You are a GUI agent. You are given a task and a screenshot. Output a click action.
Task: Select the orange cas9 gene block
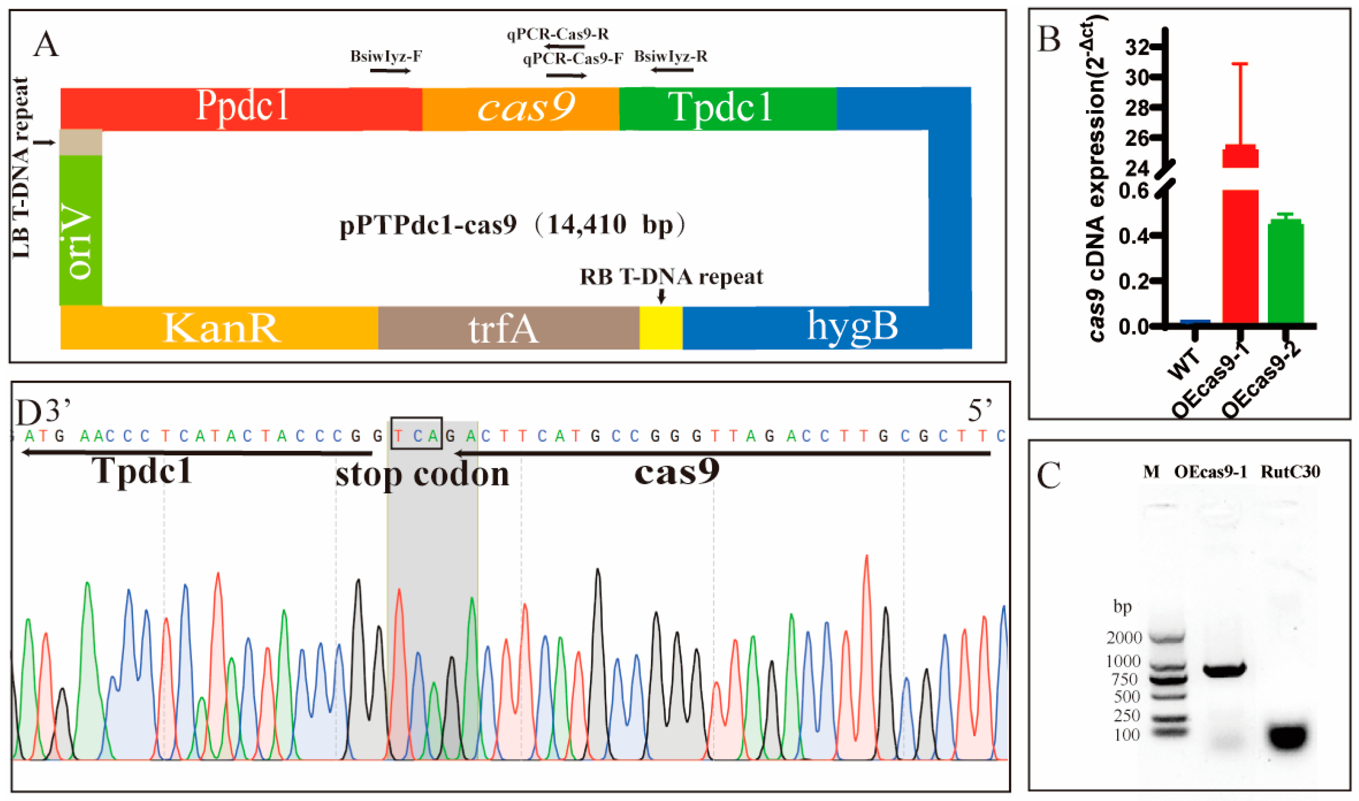tap(521, 108)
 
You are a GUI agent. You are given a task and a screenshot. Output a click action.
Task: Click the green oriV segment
tap(80, 232)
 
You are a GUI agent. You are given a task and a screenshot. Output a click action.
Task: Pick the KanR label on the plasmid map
tap(222, 328)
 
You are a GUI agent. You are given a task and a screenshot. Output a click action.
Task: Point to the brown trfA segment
tap(507, 328)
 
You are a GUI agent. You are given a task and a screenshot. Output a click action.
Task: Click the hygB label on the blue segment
tap(852, 326)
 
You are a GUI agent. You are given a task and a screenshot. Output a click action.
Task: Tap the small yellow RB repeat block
tap(661, 328)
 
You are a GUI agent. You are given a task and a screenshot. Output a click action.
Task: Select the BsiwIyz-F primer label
tap(386, 56)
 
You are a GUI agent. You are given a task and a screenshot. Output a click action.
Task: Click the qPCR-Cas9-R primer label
tap(557, 35)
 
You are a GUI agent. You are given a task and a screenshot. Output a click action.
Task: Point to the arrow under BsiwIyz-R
tap(672, 70)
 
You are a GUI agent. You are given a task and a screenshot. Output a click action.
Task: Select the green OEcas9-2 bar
tap(1285, 273)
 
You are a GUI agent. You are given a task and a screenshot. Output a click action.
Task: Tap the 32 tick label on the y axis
tap(1138, 47)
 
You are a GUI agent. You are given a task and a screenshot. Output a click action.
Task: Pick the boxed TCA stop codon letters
tap(416, 433)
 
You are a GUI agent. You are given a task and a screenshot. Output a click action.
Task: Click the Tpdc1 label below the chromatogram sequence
tap(142, 470)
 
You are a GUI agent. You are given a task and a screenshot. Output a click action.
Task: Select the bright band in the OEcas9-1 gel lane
tap(1223, 669)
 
